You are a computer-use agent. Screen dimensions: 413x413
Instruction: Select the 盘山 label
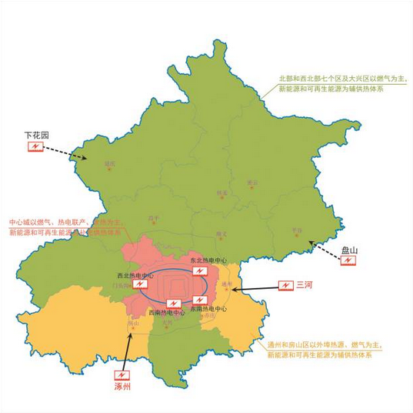pos(349,250)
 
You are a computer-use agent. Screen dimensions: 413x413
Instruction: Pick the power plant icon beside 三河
pos(284,285)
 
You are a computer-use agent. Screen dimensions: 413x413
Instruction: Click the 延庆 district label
pos(110,164)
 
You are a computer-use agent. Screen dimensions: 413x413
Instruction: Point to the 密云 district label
pos(252,183)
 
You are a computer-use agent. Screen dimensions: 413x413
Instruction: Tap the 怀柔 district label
pos(222,193)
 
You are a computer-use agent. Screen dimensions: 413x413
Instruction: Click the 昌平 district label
pos(153,218)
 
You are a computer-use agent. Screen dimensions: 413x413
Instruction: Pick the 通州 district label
pos(227,284)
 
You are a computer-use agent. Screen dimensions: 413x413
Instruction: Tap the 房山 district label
pos(132,324)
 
